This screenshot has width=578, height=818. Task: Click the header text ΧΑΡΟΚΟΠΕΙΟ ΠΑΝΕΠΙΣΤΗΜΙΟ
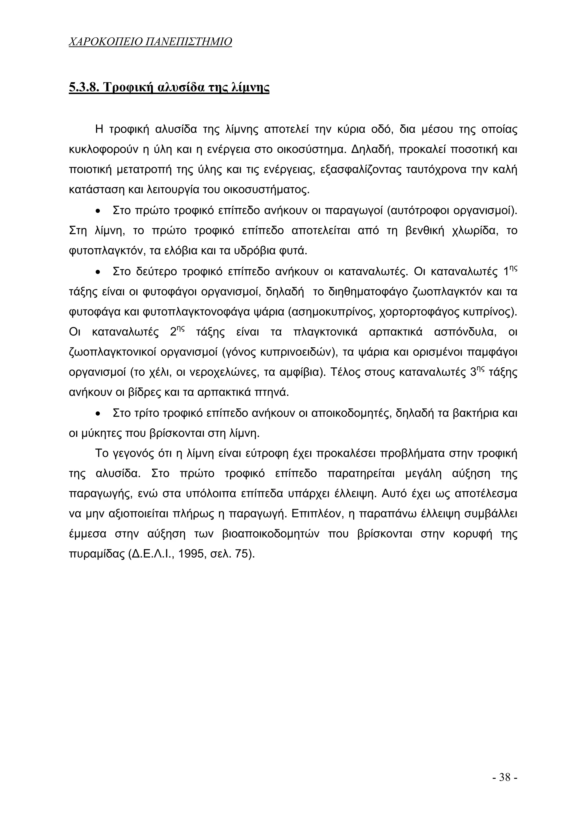coord(150,42)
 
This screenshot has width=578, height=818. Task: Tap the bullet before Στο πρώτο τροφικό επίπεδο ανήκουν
coord(98,211)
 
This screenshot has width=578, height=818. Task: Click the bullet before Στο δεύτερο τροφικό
coord(98,272)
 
